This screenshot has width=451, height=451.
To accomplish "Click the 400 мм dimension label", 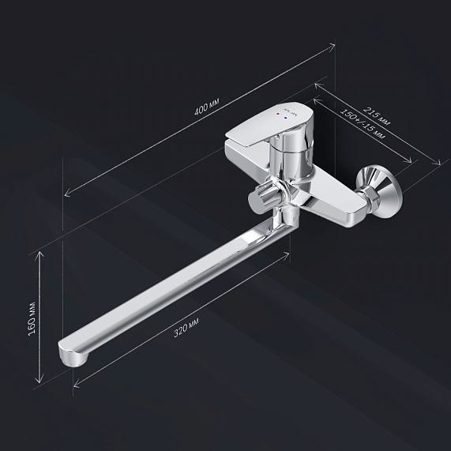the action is click(207, 106).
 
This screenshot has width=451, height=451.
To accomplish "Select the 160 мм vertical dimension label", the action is click(32, 318).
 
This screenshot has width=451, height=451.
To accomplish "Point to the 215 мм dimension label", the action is click(376, 116).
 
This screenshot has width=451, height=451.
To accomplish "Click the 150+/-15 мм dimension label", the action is click(363, 123).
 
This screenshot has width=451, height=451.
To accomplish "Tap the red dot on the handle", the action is click(277, 115).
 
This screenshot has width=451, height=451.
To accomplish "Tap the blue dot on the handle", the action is click(285, 118).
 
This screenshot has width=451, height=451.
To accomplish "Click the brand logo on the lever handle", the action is click(290, 110).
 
